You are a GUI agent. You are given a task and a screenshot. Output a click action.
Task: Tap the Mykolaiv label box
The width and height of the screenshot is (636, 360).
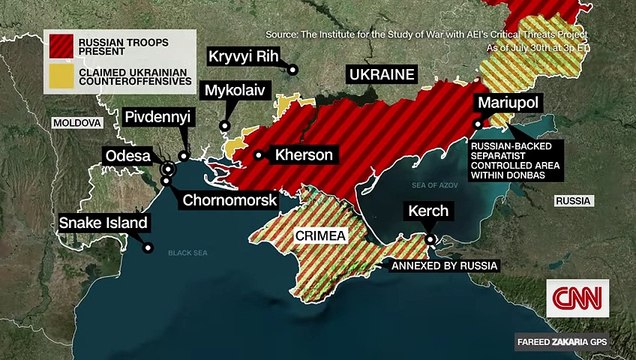[236, 91]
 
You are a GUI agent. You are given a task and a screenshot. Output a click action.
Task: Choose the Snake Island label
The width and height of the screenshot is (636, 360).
[103, 223]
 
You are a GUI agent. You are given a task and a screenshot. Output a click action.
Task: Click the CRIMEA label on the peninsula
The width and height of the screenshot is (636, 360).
[320, 236]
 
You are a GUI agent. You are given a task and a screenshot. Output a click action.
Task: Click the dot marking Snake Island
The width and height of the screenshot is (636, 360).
[148, 247]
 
